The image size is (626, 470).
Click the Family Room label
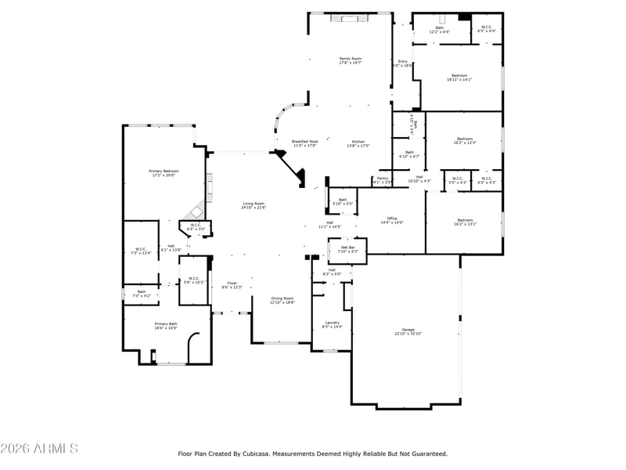350,60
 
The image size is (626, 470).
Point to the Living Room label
253,205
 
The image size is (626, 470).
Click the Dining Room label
282,299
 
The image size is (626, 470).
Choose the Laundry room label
332,324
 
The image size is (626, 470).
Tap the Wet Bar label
347,249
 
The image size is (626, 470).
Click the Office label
392,220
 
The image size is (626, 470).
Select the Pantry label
382,179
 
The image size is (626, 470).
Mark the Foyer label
232,284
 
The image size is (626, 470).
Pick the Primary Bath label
166,325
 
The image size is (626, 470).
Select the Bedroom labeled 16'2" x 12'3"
465,140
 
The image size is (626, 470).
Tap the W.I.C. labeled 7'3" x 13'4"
140,251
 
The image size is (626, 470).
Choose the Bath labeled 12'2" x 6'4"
439,30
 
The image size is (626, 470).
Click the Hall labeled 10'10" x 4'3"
419,179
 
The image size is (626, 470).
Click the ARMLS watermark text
39,449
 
